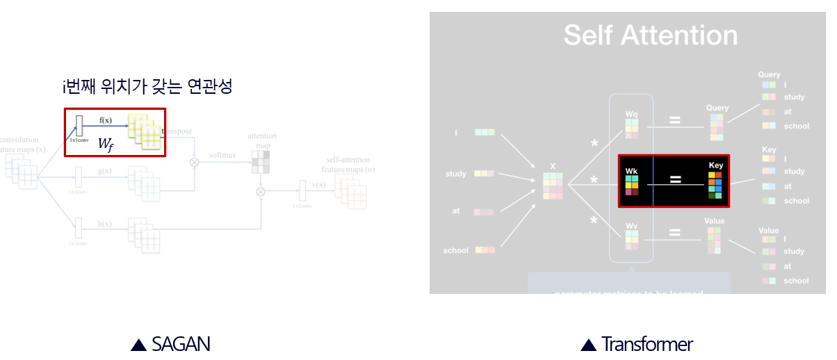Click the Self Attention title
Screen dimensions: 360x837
[650, 35]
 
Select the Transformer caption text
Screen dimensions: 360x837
[647, 344]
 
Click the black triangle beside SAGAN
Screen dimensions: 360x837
[138, 345]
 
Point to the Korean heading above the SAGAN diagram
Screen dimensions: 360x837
[147, 86]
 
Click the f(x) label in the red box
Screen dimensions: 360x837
[106, 120]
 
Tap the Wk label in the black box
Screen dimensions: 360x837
[631, 170]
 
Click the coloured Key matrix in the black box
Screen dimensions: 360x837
[715, 184]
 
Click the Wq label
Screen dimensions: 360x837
[631, 113]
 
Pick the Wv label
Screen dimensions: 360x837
[631, 225]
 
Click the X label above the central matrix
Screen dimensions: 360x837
[553, 166]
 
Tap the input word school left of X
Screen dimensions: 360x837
[456, 250]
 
